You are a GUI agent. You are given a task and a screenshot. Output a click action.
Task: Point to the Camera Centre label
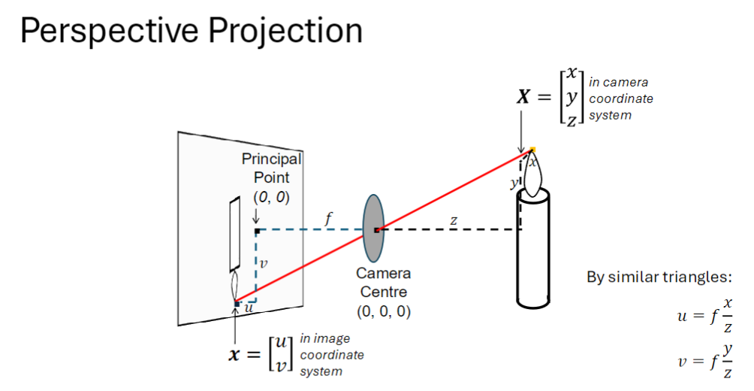(383, 281)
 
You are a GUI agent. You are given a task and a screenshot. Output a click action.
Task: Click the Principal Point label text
(270, 168)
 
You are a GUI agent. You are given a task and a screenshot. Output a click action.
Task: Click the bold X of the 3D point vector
(524, 97)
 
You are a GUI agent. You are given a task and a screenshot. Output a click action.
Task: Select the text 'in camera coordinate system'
(620, 99)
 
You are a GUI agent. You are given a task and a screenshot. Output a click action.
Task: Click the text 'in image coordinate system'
(331, 355)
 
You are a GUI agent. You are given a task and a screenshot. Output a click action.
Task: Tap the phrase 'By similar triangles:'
(659, 277)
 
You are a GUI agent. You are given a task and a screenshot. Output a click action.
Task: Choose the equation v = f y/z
(704, 360)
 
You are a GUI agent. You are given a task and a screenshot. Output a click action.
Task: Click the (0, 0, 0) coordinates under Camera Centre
(383, 310)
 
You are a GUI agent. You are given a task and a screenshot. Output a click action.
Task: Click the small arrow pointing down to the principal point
(256, 217)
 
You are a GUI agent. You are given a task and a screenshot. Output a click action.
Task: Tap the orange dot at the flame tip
(532, 150)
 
